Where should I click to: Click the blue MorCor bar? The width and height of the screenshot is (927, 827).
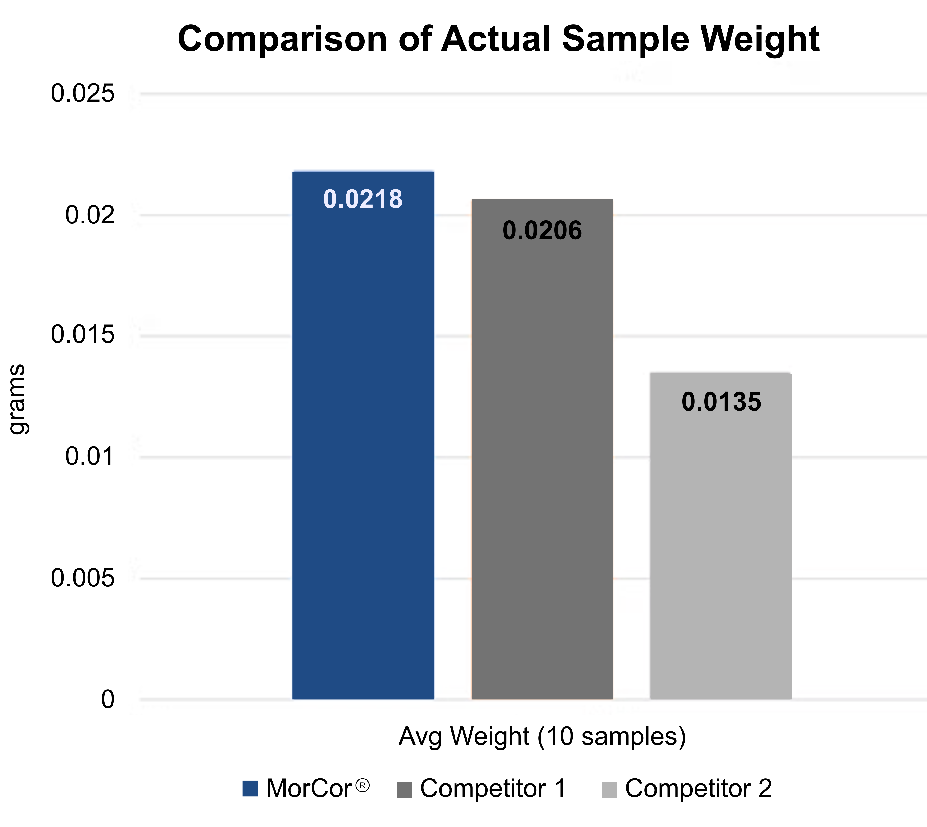(363, 436)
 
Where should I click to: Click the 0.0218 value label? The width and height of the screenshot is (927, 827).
(363, 199)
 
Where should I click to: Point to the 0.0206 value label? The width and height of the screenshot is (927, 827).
(542, 231)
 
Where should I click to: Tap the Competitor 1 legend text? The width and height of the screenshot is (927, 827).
(493, 788)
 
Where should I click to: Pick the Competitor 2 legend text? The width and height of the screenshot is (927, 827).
(698, 788)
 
